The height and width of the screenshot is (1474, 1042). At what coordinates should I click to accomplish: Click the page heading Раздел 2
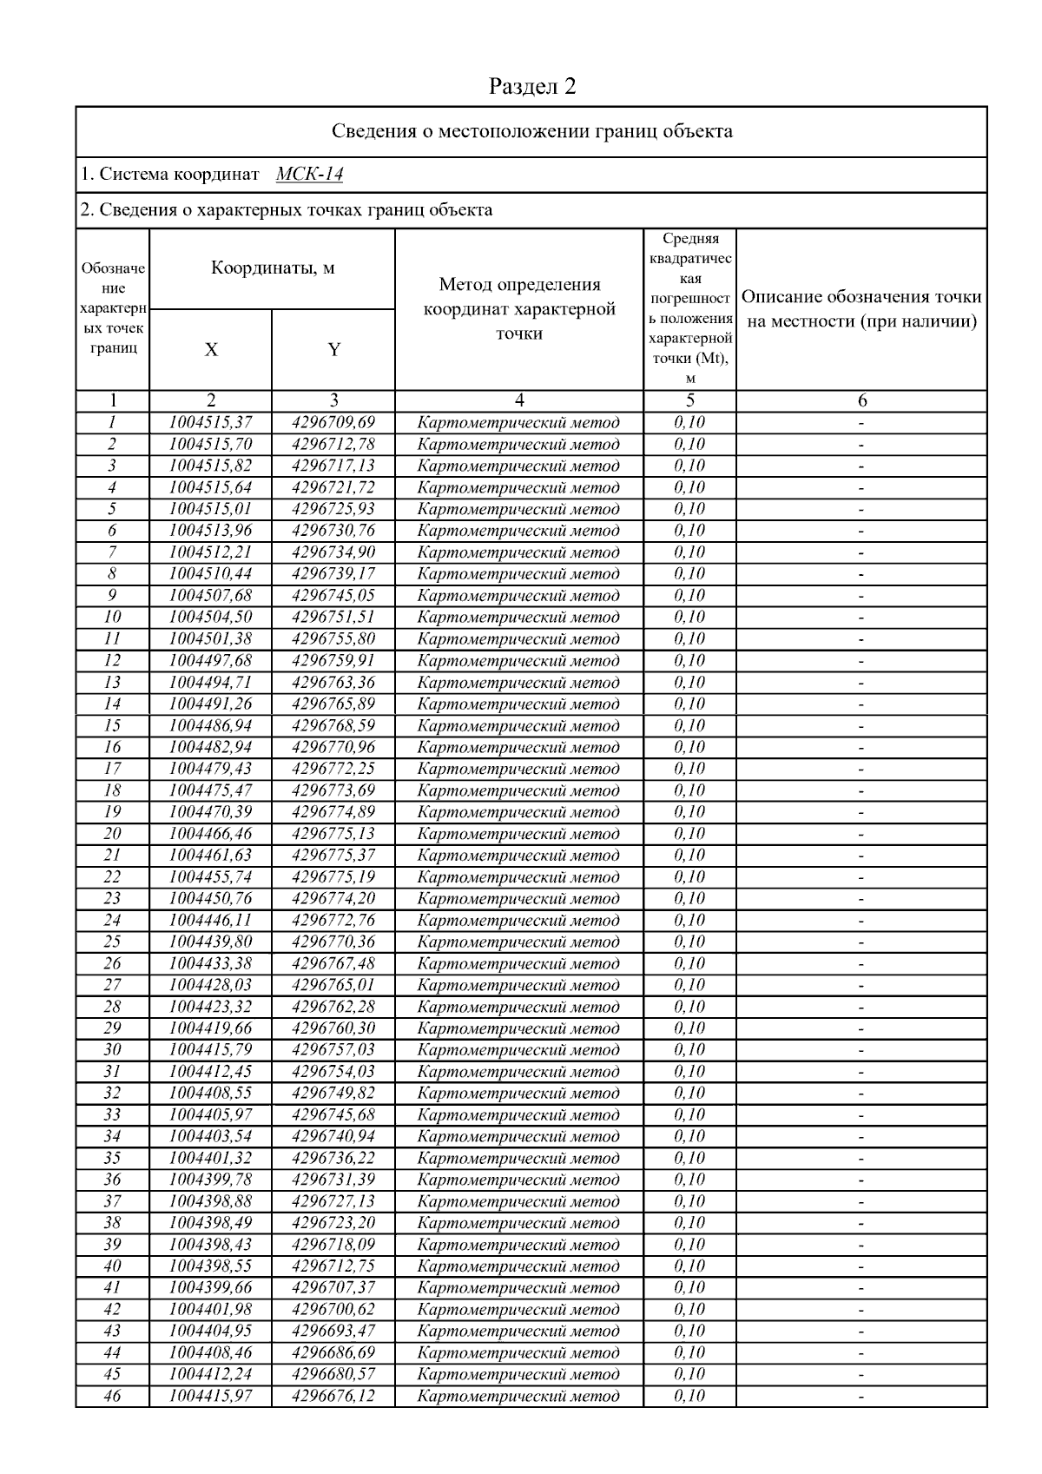coord(532,86)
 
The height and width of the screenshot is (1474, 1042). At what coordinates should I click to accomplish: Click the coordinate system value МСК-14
coord(309,175)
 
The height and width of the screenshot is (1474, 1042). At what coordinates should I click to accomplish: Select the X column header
coord(211,350)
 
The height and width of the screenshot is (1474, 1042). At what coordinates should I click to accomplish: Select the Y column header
coord(333,350)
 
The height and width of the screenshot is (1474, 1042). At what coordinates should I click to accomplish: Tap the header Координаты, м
coord(273,268)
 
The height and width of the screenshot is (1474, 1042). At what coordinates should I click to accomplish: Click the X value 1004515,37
coord(210,423)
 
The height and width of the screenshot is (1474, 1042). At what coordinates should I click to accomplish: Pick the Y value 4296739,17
coord(333,574)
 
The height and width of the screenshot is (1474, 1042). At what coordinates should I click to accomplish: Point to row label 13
coord(112,682)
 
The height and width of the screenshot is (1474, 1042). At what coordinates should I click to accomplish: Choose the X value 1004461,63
coord(210,856)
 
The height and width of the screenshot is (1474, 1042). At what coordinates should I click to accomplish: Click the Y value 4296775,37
coord(333,856)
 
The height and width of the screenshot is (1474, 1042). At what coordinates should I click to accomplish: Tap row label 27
coord(112,985)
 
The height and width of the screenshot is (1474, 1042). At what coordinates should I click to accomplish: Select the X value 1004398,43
coord(210,1245)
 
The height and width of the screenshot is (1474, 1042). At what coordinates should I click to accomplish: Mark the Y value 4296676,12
coord(333,1396)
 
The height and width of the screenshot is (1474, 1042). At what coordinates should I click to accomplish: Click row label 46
coord(112,1396)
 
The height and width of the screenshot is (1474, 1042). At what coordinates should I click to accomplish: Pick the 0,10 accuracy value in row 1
coord(689,423)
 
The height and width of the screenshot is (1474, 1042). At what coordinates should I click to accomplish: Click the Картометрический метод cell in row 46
coord(518,1397)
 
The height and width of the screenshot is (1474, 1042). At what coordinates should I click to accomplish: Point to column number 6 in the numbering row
coord(861,401)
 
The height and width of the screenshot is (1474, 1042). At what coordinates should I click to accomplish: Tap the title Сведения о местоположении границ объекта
coord(532,132)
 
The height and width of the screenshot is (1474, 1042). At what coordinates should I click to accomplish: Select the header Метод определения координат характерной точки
coord(519,308)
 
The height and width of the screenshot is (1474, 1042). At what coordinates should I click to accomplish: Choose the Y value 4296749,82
coord(333,1094)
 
